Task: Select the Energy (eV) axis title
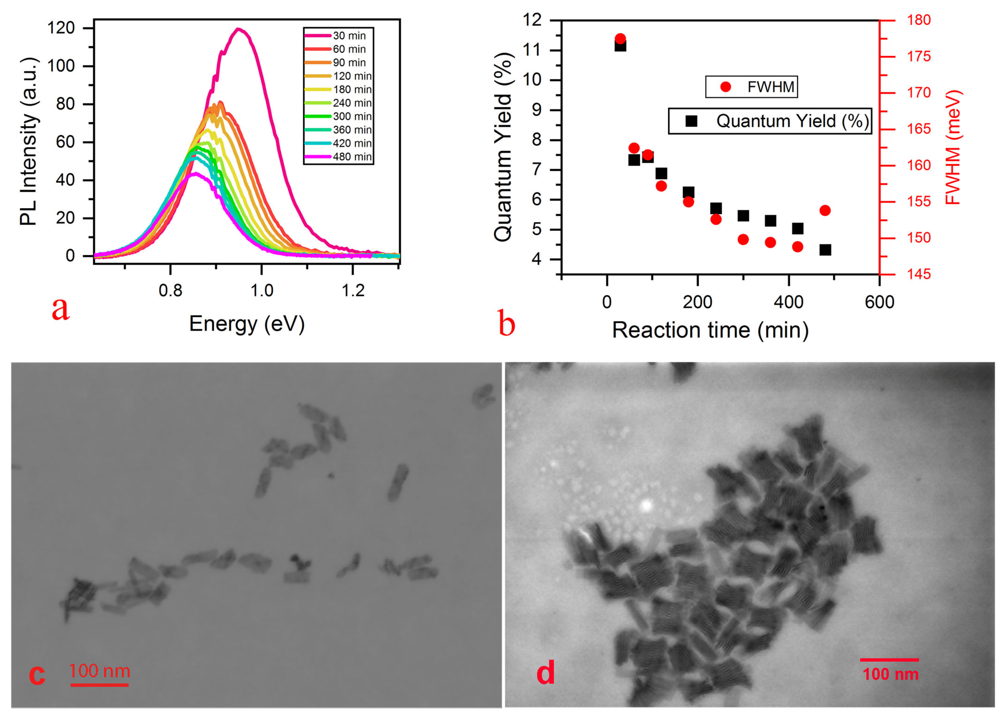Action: point(247,324)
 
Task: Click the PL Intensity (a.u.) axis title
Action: point(29,142)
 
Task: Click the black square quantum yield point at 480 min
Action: point(825,250)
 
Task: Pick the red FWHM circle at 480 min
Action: point(825,210)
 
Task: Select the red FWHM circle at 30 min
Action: point(620,39)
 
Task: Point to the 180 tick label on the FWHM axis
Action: point(918,20)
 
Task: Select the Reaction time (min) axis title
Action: point(710,330)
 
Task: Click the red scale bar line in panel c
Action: point(99,685)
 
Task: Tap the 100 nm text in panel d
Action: point(890,674)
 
